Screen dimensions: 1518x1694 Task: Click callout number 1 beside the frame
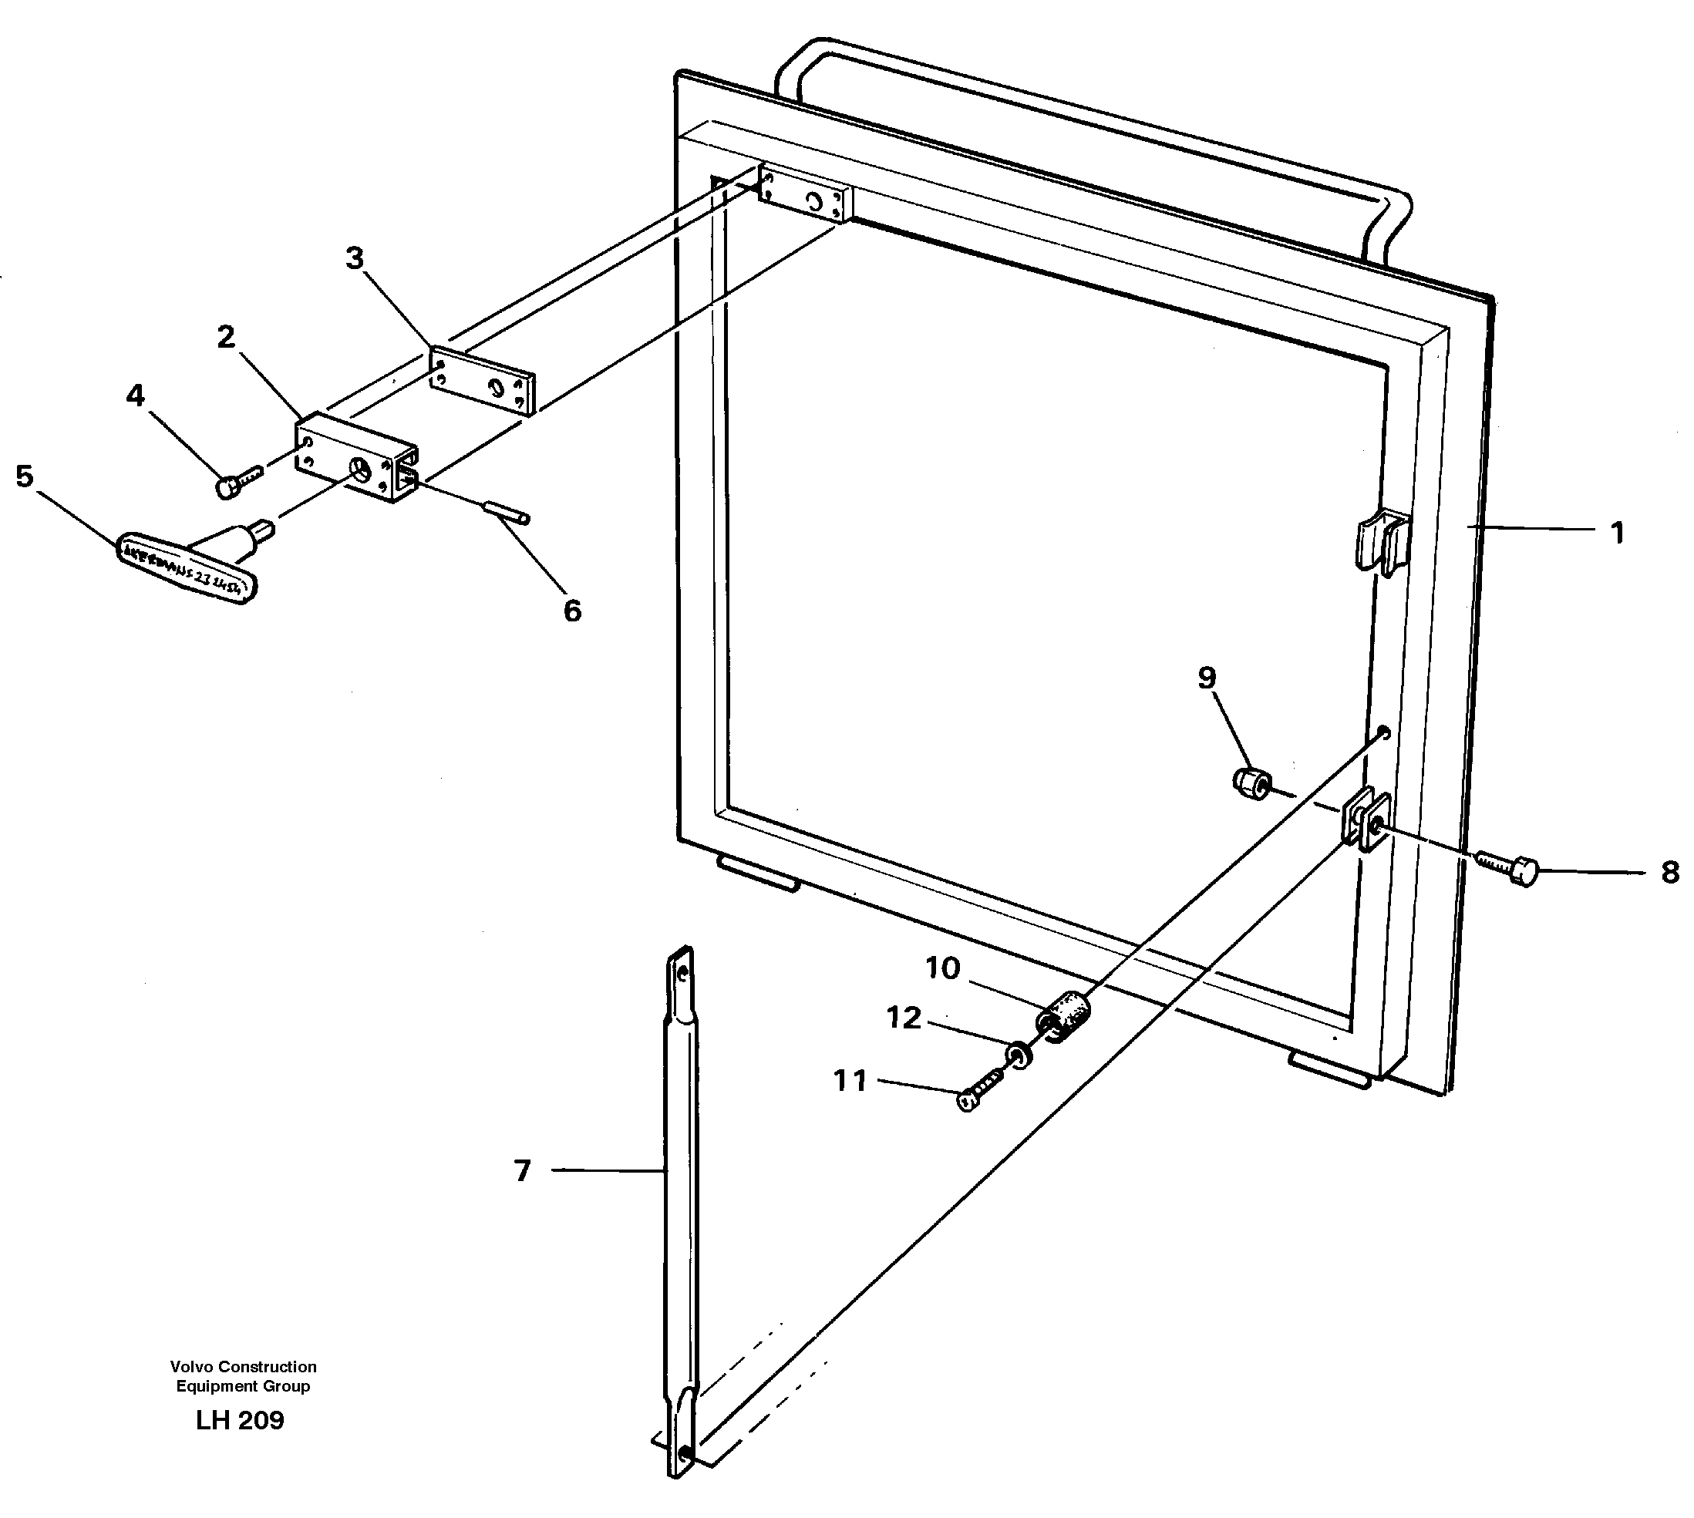(x=1616, y=533)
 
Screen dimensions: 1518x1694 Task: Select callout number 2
(x=225, y=338)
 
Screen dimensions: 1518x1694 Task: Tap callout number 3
(x=355, y=258)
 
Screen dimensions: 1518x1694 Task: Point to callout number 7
(x=522, y=1171)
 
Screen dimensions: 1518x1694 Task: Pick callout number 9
(x=1206, y=678)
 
